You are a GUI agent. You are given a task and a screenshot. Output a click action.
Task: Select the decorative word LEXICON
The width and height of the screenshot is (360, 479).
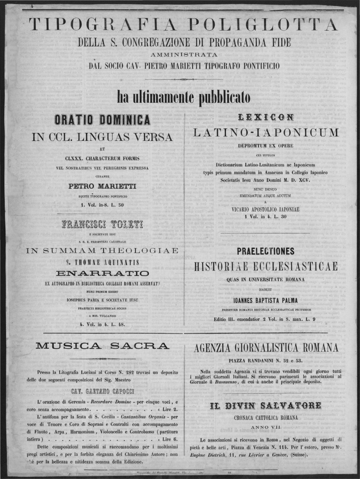pos(266,117)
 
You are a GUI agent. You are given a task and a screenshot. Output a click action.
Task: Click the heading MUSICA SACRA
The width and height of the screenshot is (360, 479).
pos(102,346)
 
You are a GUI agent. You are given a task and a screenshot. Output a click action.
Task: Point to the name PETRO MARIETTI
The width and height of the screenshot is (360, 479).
pos(102,186)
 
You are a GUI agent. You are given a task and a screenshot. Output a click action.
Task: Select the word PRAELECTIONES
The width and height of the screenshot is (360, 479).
pos(266,251)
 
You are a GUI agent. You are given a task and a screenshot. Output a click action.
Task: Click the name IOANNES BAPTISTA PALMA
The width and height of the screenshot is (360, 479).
pos(266,300)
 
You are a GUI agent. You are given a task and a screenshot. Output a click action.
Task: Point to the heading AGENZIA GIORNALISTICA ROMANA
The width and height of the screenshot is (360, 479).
pos(266,348)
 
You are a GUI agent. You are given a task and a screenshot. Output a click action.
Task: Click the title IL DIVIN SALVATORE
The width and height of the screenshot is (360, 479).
pos(266,406)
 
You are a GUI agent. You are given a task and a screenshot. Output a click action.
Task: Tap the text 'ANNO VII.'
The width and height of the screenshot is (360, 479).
pos(266,427)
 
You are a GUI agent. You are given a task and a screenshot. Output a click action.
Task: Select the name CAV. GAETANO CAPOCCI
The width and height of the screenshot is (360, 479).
pos(103,391)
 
